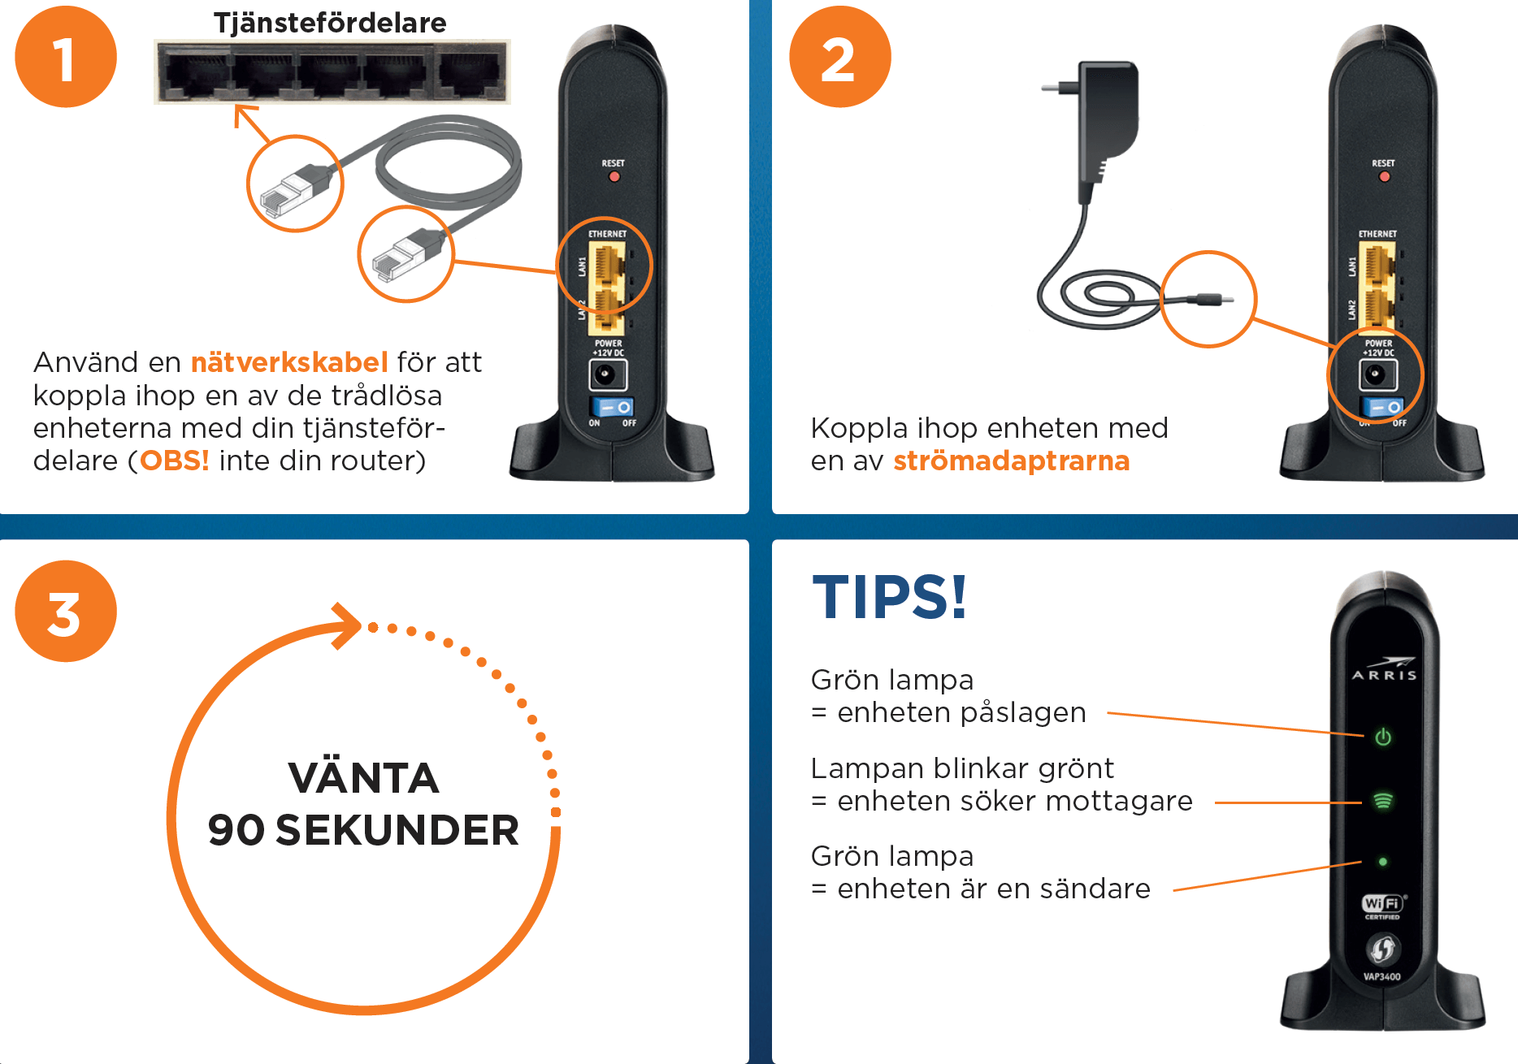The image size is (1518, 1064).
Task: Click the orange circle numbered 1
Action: point(66,57)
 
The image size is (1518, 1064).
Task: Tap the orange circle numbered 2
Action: point(839,57)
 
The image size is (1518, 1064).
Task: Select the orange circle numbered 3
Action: point(66,612)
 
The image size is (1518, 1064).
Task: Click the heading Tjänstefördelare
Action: point(330,23)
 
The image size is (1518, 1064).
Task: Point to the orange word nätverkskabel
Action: point(289,362)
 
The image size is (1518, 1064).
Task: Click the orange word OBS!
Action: point(175,461)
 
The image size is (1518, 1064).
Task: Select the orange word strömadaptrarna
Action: point(1011,461)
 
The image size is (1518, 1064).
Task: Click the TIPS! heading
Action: point(889,597)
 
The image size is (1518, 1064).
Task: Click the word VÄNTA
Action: point(364,778)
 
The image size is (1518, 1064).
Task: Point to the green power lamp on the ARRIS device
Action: point(1382,737)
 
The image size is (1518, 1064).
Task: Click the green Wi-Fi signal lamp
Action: point(1382,802)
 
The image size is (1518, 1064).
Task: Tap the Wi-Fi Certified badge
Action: point(1382,906)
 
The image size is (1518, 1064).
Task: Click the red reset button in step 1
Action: point(614,176)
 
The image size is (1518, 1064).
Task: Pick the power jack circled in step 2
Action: point(1375,374)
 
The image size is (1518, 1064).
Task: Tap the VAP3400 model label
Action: point(1382,976)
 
